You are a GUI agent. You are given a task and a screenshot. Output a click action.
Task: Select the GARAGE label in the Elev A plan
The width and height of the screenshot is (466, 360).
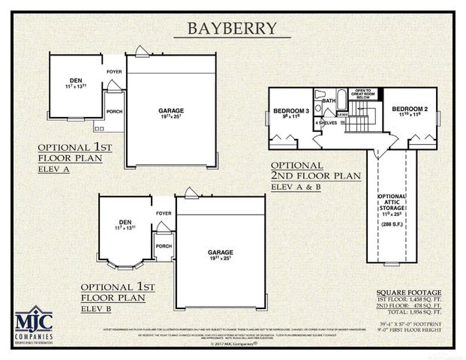pos(171,111)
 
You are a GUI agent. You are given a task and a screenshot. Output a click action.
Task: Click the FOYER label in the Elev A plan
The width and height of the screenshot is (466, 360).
pos(114,72)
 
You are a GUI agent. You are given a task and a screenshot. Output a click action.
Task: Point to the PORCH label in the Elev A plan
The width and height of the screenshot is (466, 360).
pos(115,112)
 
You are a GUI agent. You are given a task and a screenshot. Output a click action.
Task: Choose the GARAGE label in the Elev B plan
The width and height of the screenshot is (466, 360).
pos(221,252)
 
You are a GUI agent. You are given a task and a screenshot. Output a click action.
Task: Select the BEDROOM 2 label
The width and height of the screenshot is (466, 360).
pos(409,108)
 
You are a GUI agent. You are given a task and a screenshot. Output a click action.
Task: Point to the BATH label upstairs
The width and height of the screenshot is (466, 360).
pos(329,100)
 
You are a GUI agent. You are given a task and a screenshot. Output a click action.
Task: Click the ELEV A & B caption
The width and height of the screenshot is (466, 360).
pos(297,186)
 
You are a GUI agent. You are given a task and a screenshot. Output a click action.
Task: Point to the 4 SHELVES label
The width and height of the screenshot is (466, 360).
pos(325,122)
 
